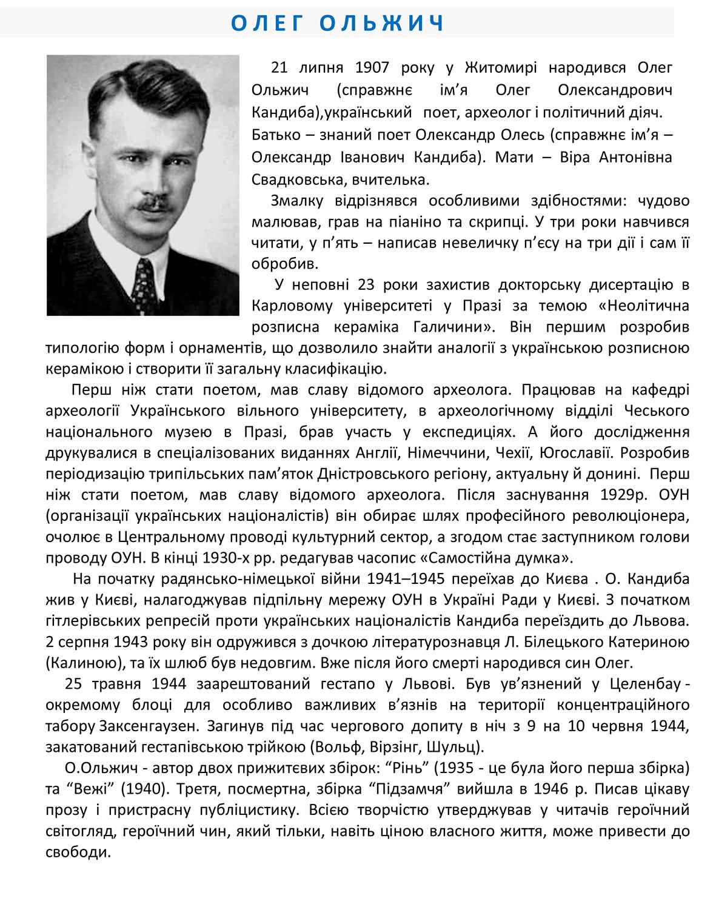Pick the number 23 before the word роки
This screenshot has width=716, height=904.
click(x=367, y=285)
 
